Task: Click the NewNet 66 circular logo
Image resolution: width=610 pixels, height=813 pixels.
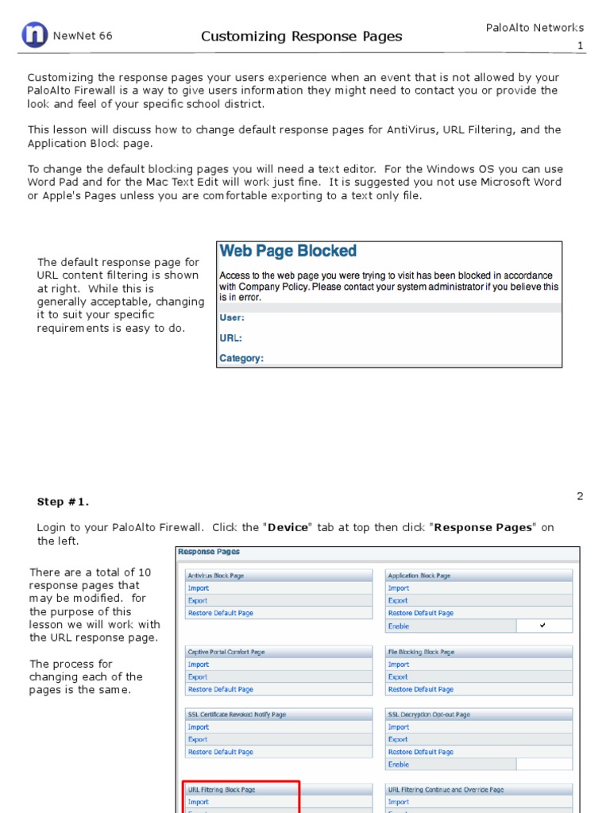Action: pos(34,35)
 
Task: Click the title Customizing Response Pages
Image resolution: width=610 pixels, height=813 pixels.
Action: pos(301,37)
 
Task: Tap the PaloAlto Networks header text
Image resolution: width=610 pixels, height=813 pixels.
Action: pos(535,28)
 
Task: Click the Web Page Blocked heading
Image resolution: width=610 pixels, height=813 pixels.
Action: pos(288,252)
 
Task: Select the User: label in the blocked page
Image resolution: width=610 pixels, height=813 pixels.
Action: pos(232,318)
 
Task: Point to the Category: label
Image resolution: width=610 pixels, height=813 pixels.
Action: pos(241,359)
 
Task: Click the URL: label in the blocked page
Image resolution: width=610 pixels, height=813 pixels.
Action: pos(230,338)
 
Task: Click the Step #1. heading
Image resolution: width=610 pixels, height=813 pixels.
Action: pos(63,502)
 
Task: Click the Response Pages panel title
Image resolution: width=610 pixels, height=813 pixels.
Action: pos(208,552)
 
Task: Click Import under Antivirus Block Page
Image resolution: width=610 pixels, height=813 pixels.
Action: pos(199,588)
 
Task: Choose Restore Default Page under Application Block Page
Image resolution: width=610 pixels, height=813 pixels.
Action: pos(420,613)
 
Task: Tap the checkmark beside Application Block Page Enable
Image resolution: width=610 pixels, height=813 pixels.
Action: pos(542,626)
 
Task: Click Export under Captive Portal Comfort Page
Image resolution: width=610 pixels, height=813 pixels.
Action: pos(199,677)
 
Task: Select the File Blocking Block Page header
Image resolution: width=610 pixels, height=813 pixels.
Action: pos(421,652)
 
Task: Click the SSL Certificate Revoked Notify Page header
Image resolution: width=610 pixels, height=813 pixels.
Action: pos(237,715)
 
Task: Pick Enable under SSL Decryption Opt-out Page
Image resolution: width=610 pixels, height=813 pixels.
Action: pos(399,765)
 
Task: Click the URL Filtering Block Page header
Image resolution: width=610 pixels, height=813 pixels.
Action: pos(222,790)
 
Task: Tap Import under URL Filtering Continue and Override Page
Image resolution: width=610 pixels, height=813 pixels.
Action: pos(399,802)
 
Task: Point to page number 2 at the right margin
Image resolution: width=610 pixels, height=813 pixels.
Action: pos(580,496)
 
